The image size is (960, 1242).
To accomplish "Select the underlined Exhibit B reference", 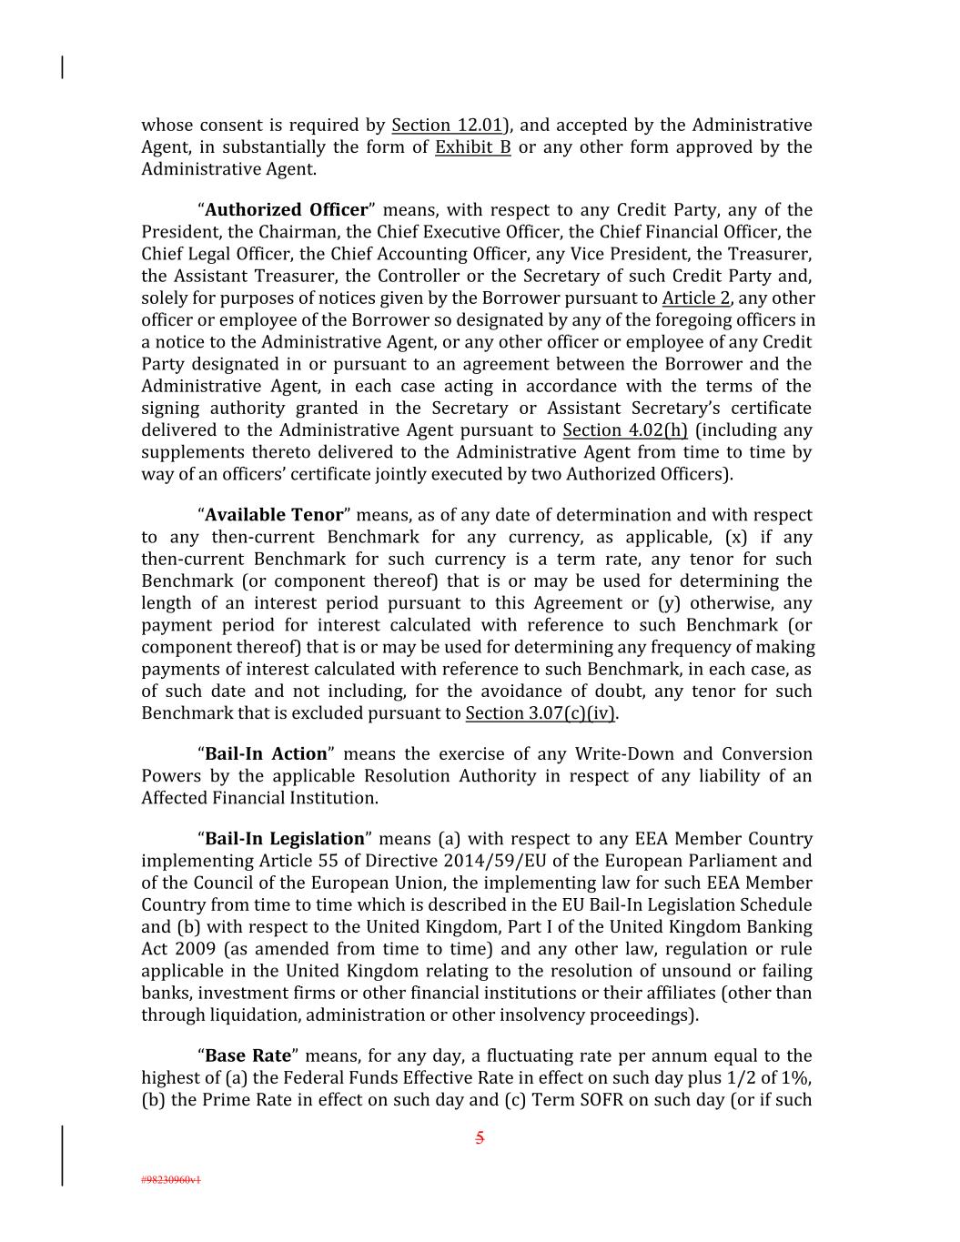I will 472,147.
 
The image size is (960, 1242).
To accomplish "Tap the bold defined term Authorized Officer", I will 287,210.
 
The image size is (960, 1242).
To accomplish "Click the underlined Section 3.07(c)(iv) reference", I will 541,713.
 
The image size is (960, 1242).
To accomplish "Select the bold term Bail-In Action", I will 266,754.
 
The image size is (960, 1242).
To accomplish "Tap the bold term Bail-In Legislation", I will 285,839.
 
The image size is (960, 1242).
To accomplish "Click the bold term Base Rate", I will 248,1056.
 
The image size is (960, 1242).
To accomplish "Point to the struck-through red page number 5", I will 480,1137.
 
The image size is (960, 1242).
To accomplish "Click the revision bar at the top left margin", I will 62,67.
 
